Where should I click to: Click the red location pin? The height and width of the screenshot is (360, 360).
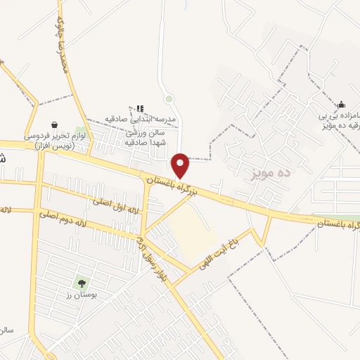pos(181,165)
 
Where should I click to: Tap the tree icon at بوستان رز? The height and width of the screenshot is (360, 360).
pos(82,284)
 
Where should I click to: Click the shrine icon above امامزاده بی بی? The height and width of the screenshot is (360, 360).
pos(341,105)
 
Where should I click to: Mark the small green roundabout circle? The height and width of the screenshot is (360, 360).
pos(169,99)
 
